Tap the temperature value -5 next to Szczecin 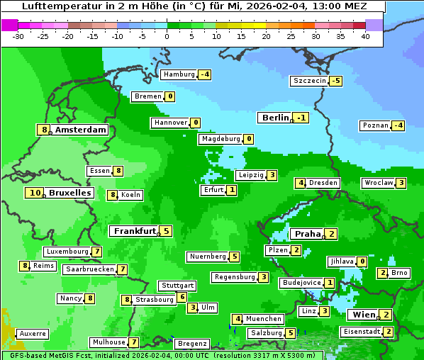click(x=335, y=81)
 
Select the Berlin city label click(x=275, y=118)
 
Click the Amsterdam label click(x=80, y=130)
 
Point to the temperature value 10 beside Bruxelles click(x=35, y=193)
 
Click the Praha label click(x=308, y=234)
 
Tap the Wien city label click(x=362, y=315)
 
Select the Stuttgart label click(x=177, y=286)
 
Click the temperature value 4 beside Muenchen click(x=238, y=319)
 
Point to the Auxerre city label click(x=33, y=333)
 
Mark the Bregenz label click(x=191, y=344)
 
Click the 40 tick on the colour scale click(x=365, y=35)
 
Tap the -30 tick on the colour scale click(x=19, y=35)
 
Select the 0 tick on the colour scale click(x=167, y=35)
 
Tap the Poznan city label click(x=375, y=125)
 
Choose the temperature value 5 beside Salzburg click(x=291, y=333)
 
